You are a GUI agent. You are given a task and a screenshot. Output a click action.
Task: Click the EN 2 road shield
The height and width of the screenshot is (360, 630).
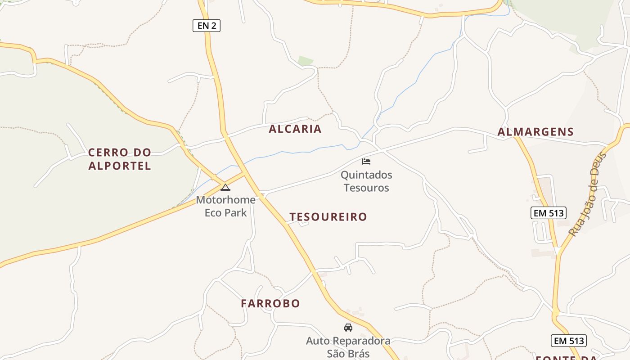[207, 26]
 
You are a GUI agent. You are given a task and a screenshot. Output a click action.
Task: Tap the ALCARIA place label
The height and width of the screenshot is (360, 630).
[295, 129]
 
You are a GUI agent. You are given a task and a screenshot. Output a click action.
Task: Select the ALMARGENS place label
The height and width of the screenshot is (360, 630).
[535, 132]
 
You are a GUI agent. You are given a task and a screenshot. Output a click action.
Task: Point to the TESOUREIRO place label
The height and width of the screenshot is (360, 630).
[328, 217]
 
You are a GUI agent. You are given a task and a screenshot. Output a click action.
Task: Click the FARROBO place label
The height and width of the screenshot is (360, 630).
[270, 304]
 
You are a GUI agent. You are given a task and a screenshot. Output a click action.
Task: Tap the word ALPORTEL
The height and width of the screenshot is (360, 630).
[120, 166]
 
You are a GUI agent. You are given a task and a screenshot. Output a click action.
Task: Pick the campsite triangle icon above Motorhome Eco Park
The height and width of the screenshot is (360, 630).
[225, 187]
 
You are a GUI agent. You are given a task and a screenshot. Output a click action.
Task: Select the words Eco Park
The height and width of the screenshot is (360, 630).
[225, 212]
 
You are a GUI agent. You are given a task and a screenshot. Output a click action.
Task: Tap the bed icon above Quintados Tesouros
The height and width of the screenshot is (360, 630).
[366, 161]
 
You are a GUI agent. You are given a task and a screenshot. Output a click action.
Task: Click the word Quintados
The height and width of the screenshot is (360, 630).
[366, 175]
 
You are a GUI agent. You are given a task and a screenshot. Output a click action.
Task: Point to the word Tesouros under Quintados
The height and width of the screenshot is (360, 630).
[366, 188]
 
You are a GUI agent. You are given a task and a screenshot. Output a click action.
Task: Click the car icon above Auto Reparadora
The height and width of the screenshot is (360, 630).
[348, 327]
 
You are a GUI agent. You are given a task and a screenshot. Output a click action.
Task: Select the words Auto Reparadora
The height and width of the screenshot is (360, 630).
[348, 341]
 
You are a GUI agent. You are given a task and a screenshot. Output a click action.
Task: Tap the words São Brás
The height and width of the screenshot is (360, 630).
[348, 353]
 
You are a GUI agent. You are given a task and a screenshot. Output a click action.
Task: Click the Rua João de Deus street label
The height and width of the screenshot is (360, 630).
[588, 194]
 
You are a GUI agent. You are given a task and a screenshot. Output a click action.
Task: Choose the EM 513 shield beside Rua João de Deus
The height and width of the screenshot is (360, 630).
[549, 213]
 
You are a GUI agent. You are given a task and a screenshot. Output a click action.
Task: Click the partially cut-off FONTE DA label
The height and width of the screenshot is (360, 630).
[567, 358]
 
